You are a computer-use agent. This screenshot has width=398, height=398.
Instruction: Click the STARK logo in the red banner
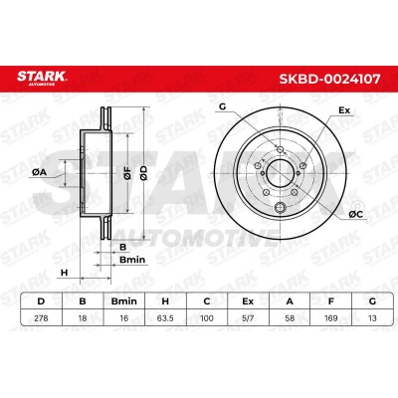coord(42,78)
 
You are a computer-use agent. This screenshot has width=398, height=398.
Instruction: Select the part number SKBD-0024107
coord(329,79)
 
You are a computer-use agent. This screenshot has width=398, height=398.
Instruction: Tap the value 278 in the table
coord(41,318)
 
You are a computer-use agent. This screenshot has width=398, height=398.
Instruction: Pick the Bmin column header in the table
coord(123,301)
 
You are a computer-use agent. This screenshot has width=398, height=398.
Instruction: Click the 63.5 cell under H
coord(165,318)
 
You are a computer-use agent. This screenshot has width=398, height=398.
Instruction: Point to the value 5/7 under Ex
coord(248,318)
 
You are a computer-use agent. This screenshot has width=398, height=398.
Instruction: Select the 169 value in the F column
coord(331,318)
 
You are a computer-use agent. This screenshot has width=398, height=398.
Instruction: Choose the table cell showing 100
coord(207,318)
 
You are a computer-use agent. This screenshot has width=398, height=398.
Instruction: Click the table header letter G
coord(372,301)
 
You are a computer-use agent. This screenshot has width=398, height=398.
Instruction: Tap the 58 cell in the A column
coord(290,318)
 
